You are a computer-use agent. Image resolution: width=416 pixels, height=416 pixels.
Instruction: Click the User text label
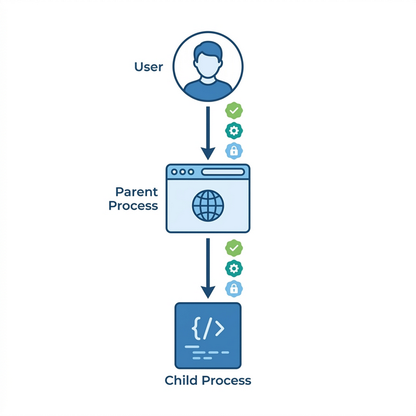click(x=148, y=67)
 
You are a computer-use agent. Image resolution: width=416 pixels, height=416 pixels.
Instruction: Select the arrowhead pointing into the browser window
click(x=208, y=153)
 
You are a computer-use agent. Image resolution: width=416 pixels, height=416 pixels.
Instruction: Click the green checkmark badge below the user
click(x=233, y=110)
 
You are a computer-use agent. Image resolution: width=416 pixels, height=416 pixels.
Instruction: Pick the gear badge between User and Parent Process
click(x=233, y=131)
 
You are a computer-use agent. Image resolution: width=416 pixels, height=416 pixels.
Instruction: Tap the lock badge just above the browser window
click(x=233, y=151)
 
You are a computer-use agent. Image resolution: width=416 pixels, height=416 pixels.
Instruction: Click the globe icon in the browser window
click(x=208, y=205)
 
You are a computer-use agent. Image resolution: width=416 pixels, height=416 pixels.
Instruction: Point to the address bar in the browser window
click(x=223, y=172)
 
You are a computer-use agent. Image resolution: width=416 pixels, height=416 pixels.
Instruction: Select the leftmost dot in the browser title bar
click(x=174, y=172)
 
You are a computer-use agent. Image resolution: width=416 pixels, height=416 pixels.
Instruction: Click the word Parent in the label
click(x=136, y=192)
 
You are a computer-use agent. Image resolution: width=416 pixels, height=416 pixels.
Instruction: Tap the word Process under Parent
click(x=133, y=206)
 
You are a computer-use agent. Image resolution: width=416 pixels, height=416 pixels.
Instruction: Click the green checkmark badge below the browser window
click(x=233, y=248)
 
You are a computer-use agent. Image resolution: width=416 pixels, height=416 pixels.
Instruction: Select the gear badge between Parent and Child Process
click(x=233, y=268)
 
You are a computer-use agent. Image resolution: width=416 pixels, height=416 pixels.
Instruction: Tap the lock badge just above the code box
click(x=233, y=289)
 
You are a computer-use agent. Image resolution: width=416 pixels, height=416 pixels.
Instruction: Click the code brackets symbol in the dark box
click(x=208, y=329)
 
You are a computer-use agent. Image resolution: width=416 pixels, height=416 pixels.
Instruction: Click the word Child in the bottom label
click(x=181, y=381)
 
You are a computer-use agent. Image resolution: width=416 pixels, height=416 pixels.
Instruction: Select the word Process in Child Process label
click(x=226, y=381)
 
